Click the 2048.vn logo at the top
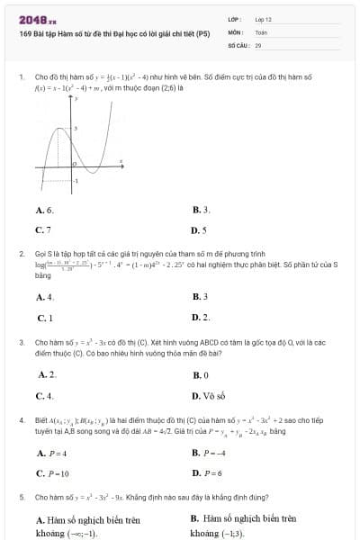[38, 19]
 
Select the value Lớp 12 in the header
[263, 19]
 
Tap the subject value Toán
[261, 31]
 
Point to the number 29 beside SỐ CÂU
[258, 44]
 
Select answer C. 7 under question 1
[43, 229]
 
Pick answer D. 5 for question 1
[200, 229]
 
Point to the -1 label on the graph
[75, 181]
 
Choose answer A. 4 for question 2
[45, 296]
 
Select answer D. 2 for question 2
[201, 317]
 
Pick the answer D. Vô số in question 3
[209, 395]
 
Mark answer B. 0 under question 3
[201, 373]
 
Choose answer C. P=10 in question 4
[52, 472]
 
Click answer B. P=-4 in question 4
[210, 451]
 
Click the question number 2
[21, 255]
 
